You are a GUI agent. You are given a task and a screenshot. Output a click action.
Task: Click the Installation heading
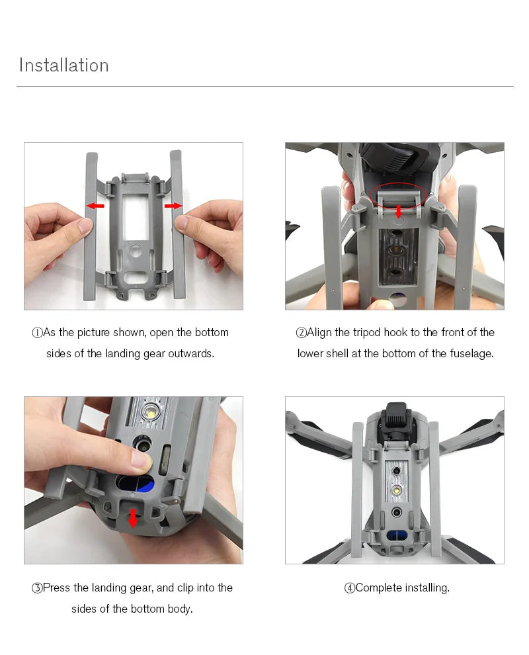(63, 65)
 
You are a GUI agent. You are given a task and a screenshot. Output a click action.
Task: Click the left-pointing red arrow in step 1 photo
(96, 206)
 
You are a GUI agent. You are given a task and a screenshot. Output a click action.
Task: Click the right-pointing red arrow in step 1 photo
(173, 206)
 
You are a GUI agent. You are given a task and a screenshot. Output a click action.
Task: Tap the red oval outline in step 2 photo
(398, 197)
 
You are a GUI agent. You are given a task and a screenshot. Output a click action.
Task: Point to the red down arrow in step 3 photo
(133, 517)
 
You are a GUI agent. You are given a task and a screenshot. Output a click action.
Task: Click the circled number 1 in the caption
(37, 333)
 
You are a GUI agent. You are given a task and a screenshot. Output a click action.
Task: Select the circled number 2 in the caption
(301, 333)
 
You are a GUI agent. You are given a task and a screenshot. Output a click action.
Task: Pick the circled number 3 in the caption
(37, 588)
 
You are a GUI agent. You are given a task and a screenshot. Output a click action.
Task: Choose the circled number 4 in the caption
(349, 588)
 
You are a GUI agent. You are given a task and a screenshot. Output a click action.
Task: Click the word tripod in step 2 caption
(366, 332)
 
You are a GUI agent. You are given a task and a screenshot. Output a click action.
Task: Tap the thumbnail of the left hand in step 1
(85, 226)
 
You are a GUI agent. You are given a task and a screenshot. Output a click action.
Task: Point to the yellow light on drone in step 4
(395, 491)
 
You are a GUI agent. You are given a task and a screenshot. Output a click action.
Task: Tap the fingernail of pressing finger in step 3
(141, 460)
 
